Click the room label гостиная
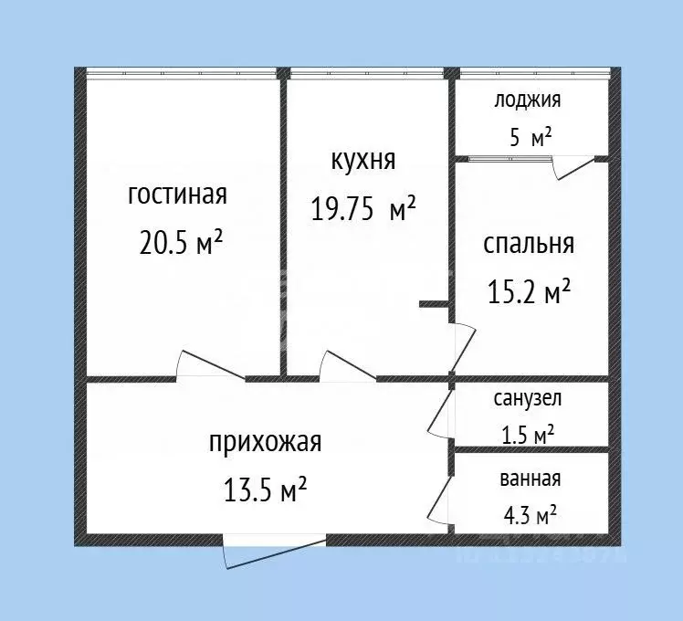click(177, 195)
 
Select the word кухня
click(363, 161)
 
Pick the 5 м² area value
click(531, 138)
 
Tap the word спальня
click(529, 244)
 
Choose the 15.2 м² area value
click(530, 291)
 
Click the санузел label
click(528, 398)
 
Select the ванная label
click(530, 478)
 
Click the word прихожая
click(266, 443)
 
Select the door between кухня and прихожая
click(348, 366)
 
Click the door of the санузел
click(441, 412)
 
